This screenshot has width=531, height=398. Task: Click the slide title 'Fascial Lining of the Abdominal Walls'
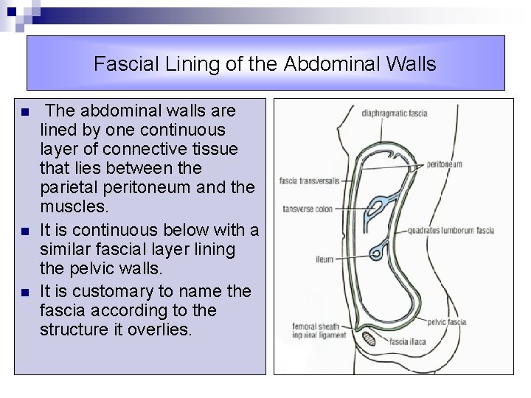click(265, 64)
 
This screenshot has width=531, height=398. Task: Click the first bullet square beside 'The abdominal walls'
click(25, 113)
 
